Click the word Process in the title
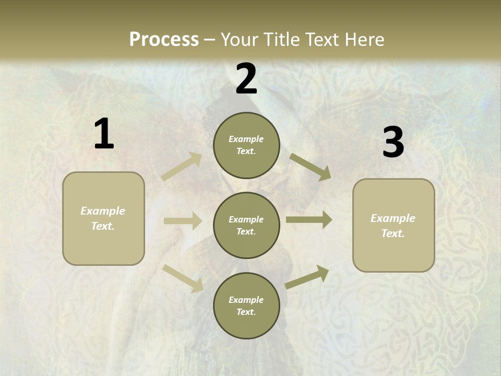[x=164, y=39]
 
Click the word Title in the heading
[x=282, y=39]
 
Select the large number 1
[x=104, y=134]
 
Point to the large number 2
[x=246, y=79]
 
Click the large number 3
[x=393, y=143]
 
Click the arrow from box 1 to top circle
[x=182, y=167]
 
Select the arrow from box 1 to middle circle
[x=182, y=221]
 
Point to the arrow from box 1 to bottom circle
[x=183, y=278]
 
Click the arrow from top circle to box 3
[x=310, y=167]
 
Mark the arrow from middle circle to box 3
[x=308, y=220]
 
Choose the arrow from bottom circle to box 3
[x=307, y=277]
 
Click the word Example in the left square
[x=103, y=211]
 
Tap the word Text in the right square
[x=392, y=233]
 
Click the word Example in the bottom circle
[x=246, y=300]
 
